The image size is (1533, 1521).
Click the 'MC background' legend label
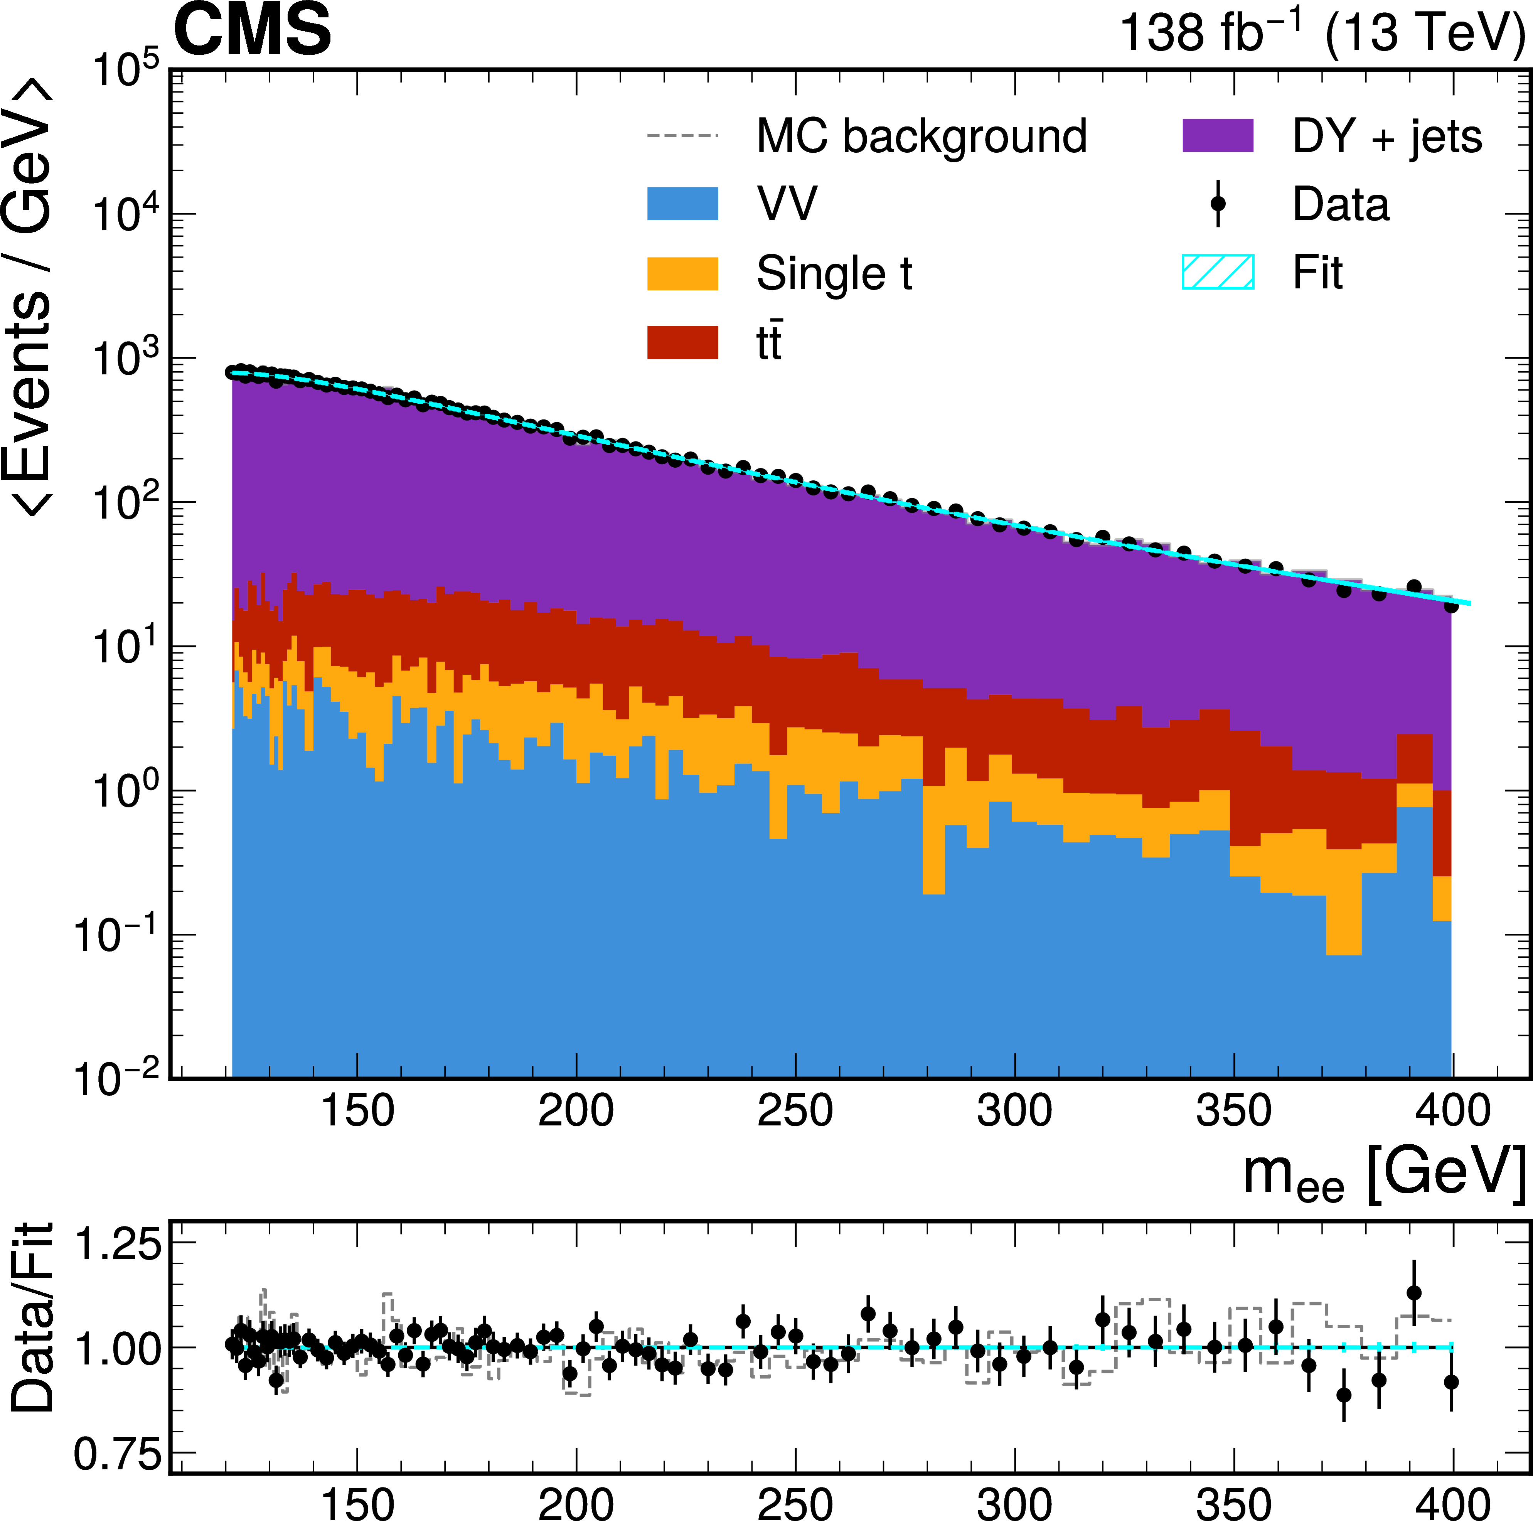(921, 136)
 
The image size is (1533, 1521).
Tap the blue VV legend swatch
(682, 204)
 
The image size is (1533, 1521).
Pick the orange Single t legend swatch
(682, 274)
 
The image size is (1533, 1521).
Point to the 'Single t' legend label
(834, 274)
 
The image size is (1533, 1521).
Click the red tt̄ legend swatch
(682, 343)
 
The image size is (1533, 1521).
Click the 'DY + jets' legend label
(1386, 136)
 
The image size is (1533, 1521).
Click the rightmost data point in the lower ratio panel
(1451, 1382)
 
